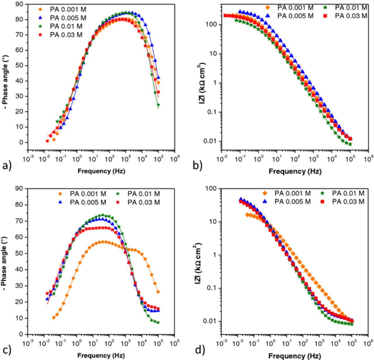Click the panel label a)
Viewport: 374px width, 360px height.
click(x=6, y=166)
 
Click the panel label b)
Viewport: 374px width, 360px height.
click(x=198, y=166)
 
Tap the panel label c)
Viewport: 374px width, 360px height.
click(x=6, y=350)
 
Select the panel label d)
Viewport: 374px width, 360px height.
click(x=200, y=350)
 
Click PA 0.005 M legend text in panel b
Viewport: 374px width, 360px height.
click(x=295, y=16)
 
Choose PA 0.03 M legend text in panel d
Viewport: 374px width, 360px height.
click(x=348, y=201)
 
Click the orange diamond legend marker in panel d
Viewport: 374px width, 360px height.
click(x=265, y=193)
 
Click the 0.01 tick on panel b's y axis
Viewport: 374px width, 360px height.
click(x=209, y=141)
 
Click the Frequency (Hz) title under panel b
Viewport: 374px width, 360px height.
click(x=295, y=171)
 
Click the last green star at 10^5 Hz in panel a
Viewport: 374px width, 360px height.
click(x=158, y=105)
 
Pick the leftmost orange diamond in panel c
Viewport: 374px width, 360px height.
click(x=54, y=317)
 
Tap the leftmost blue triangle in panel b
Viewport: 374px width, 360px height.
click(x=240, y=11)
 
